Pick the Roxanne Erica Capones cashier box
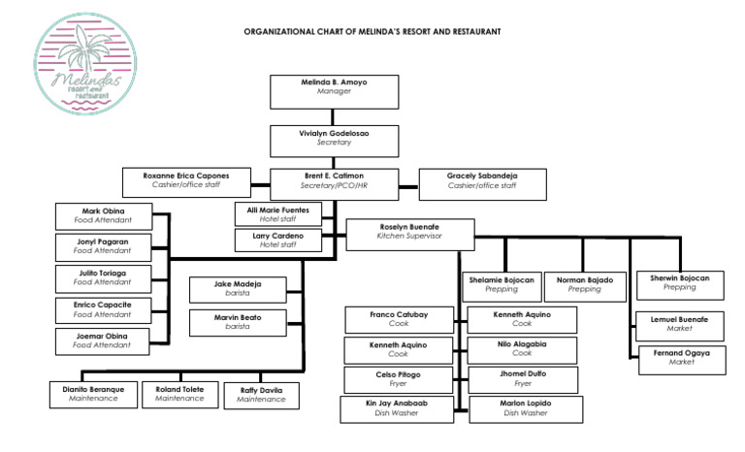click(187, 180)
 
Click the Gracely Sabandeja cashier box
click(481, 180)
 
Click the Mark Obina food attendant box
click(103, 215)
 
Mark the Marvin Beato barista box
click(238, 322)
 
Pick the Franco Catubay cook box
click(399, 320)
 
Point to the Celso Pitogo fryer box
click(399, 379)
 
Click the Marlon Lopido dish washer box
click(523, 408)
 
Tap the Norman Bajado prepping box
click(585, 284)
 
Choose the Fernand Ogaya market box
click(687, 359)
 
